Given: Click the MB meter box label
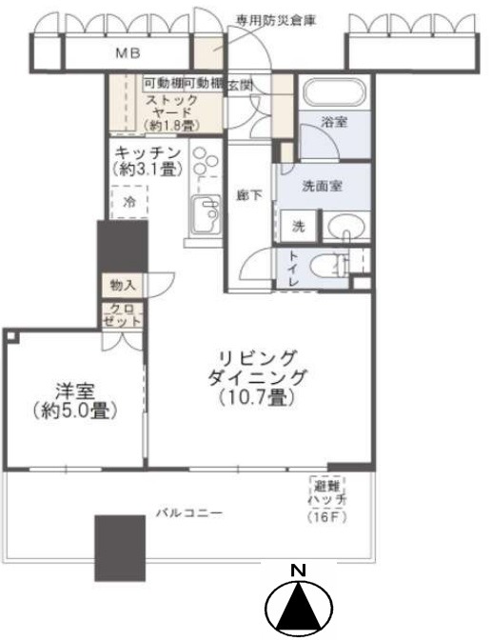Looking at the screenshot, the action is tap(128, 52).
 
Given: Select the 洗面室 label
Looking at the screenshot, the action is tap(323, 187).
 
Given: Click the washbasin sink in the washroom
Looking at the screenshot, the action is tap(346, 226).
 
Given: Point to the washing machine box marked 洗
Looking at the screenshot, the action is tap(299, 226).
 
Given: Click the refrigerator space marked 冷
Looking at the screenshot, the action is tap(129, 202).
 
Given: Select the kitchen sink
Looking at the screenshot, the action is tap(207, 213).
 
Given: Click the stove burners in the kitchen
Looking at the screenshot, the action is tap(206, 161).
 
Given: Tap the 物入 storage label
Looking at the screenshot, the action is tap(123, 285).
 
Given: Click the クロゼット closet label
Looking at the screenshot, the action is tap(122, 314).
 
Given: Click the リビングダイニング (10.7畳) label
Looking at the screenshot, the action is tap(257, 377).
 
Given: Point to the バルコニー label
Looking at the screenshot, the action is tap(190, 512).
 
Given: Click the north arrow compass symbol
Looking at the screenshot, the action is tap(299, 606).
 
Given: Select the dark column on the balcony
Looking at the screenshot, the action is tap(120, 548).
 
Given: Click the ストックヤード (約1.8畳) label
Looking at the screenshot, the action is tap(171, 112).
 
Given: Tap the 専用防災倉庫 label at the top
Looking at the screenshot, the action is tap(276, 20).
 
